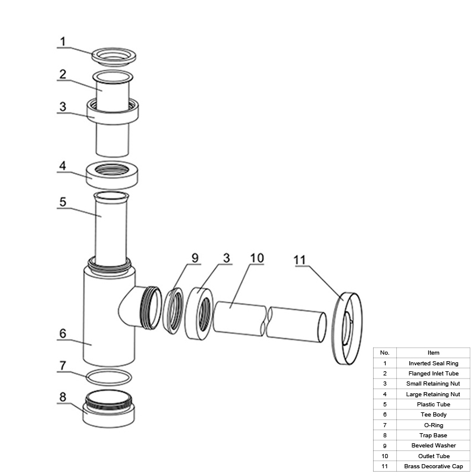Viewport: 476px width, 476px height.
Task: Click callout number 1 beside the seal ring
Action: [x=63, y=42]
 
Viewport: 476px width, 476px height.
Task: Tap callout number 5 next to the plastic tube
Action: [x=63, y=202]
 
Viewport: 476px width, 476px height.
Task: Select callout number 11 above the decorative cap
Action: [x=300, y=260]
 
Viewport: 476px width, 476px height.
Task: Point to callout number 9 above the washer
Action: [x=195, y=258]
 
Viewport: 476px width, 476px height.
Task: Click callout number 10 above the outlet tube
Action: [x=257, y=258]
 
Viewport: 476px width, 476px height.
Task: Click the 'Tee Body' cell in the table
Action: [x=434, y=415]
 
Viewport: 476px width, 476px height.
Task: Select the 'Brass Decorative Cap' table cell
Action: [x=434, y=466]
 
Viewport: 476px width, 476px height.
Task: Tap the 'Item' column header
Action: [x=434, y=353]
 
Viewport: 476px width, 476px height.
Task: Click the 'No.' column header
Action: [x=385, y=353]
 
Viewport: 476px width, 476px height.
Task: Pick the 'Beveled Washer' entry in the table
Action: [x=434, y=446]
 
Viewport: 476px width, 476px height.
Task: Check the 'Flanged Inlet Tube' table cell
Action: [x=434, y=374]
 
